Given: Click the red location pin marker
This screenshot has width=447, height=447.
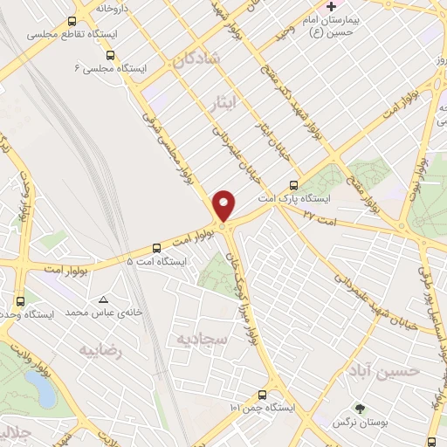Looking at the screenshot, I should pos(224,206).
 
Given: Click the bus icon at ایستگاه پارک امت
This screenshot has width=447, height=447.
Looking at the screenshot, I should pos(293,185).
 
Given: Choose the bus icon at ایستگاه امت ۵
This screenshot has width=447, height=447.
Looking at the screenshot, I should pos(156,247).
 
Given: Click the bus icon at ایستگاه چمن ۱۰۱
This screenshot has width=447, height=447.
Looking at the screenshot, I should pos(263,395).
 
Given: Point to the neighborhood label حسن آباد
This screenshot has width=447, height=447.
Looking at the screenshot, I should pos(395,371).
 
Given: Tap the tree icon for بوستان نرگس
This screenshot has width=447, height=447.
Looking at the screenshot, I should pos(358,408).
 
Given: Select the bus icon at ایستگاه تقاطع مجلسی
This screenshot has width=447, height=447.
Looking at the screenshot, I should pos(72,22).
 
